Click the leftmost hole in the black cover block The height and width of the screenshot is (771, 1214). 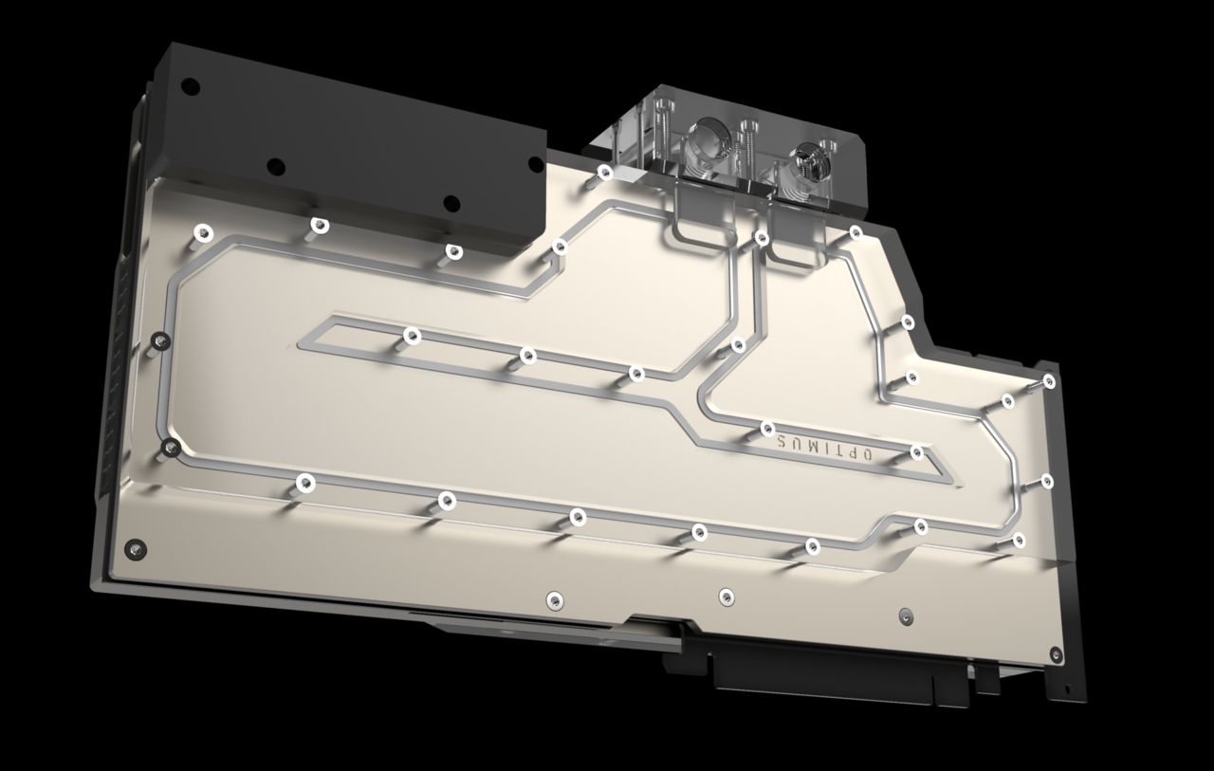click(x=190, y=86)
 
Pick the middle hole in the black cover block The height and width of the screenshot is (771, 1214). click(x=275, y=166)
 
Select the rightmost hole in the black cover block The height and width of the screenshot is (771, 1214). click(x=451, y=202)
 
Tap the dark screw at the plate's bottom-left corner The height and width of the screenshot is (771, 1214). click(x=138, y=548)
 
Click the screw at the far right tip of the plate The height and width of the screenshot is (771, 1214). click(x=1049, y=380)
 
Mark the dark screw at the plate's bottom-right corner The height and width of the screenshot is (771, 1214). click(x=1056, y=652)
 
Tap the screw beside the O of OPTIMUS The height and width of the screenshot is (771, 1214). click(x=917, y=452)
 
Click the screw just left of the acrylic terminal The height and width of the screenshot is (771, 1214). click(x=604, y=172)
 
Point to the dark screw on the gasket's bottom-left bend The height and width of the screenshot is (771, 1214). click(x=171, y=446)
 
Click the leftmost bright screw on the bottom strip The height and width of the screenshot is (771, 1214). click(x=554, y=598)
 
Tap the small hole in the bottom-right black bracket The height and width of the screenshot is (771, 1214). click(x=1068, y=689)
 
